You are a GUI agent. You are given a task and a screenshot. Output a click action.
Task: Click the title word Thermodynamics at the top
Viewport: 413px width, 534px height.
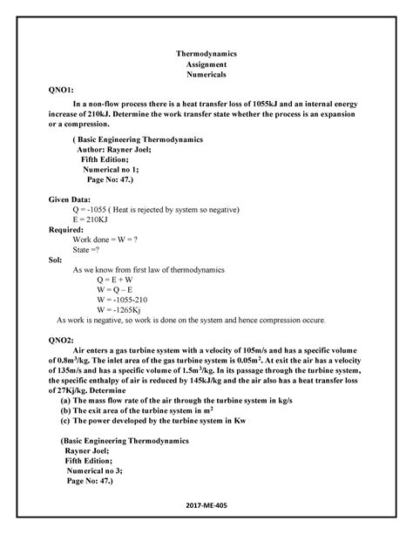[206, 53]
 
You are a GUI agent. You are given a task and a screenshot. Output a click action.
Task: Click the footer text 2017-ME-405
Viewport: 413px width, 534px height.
[207, 506]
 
